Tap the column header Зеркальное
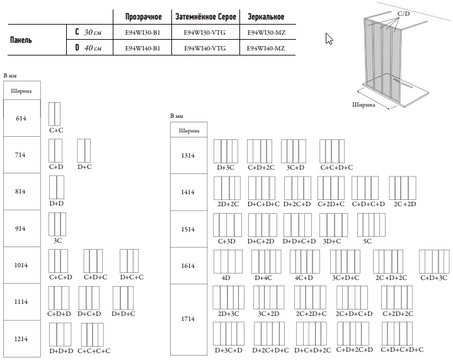[x=265, y=15]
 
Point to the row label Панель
[x=21, y=39]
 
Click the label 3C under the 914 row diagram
[x=57, y=241]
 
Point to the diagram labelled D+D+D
[x=61, y=334]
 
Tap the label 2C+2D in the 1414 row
[x=404, y=205]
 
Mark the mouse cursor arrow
[x=328, y=38]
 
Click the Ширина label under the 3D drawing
[x=364, y=105]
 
